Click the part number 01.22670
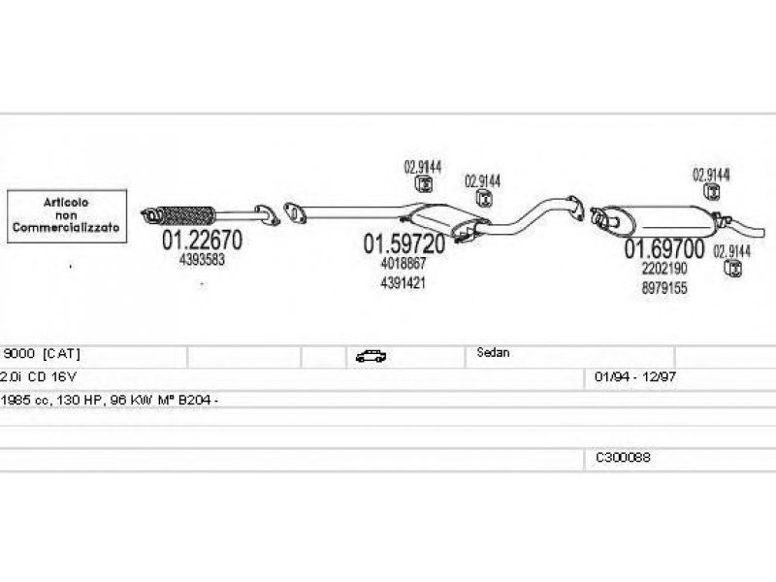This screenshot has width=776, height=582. pos(202,240)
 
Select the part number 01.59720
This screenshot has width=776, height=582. pos(404,244)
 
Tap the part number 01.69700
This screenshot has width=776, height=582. pos(663,248)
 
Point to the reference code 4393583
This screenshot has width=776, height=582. pos(202,259)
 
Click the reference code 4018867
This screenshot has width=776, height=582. pos(404,263)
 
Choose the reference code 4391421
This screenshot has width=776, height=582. pos(403,283)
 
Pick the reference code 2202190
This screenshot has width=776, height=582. pos(664,269)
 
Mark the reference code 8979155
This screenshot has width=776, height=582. pos(664,288)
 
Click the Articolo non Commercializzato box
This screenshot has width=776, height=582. pos(67,216)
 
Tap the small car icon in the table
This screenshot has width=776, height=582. pos(371,356)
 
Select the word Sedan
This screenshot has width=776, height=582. pos(493,352)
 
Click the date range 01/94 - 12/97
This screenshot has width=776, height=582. pos(635,376)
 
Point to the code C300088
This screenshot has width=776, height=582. pos(623,457)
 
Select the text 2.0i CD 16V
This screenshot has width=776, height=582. pos(39,376)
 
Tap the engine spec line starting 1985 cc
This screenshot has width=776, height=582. pos(110,400)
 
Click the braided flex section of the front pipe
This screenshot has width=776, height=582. pos(186,215)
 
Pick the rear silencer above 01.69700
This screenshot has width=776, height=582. pos(663,220)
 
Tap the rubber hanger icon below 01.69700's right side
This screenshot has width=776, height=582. pos(733,269)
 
